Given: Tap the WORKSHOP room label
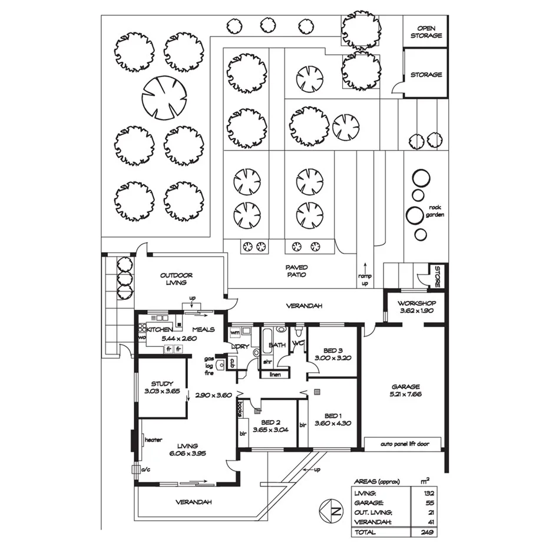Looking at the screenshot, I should point(416,303).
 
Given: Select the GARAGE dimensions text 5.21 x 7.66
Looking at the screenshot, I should point(406,394).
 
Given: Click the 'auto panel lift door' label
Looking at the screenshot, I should point(404,444).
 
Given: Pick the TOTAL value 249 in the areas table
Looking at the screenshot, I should point(427,533).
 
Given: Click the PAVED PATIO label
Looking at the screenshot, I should point(297,271).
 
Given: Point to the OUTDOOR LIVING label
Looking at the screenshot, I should point(176,279).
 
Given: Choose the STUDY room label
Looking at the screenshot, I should point(161,383).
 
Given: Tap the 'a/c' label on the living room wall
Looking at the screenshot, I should point(144,469).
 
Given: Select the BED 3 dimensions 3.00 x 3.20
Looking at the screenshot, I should point(333,358).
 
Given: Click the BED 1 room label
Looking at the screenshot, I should point(332,415).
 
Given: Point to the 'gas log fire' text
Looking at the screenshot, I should point(209,366).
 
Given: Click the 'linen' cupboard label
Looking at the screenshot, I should point(275,374).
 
